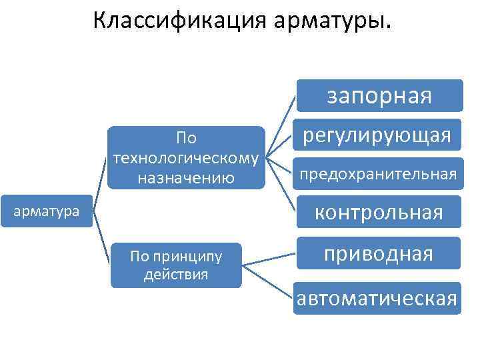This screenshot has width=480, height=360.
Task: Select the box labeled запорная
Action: pyautogui.click(x=379, y=95)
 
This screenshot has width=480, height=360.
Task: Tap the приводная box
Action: pyautogui.click(x=379, y=253)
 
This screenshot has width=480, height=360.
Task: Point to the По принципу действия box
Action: pyautogui.click(x=176, y=265)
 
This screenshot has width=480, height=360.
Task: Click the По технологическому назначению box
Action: pyautogui.click(x=187, y=158)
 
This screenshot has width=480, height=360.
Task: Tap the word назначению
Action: pyautogui.click(x=187, y=177)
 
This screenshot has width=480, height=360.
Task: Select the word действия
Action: pyautogui.click(x=176, y=274)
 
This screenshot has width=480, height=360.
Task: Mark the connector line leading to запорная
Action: pyautogui.click(x=281, y=127)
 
